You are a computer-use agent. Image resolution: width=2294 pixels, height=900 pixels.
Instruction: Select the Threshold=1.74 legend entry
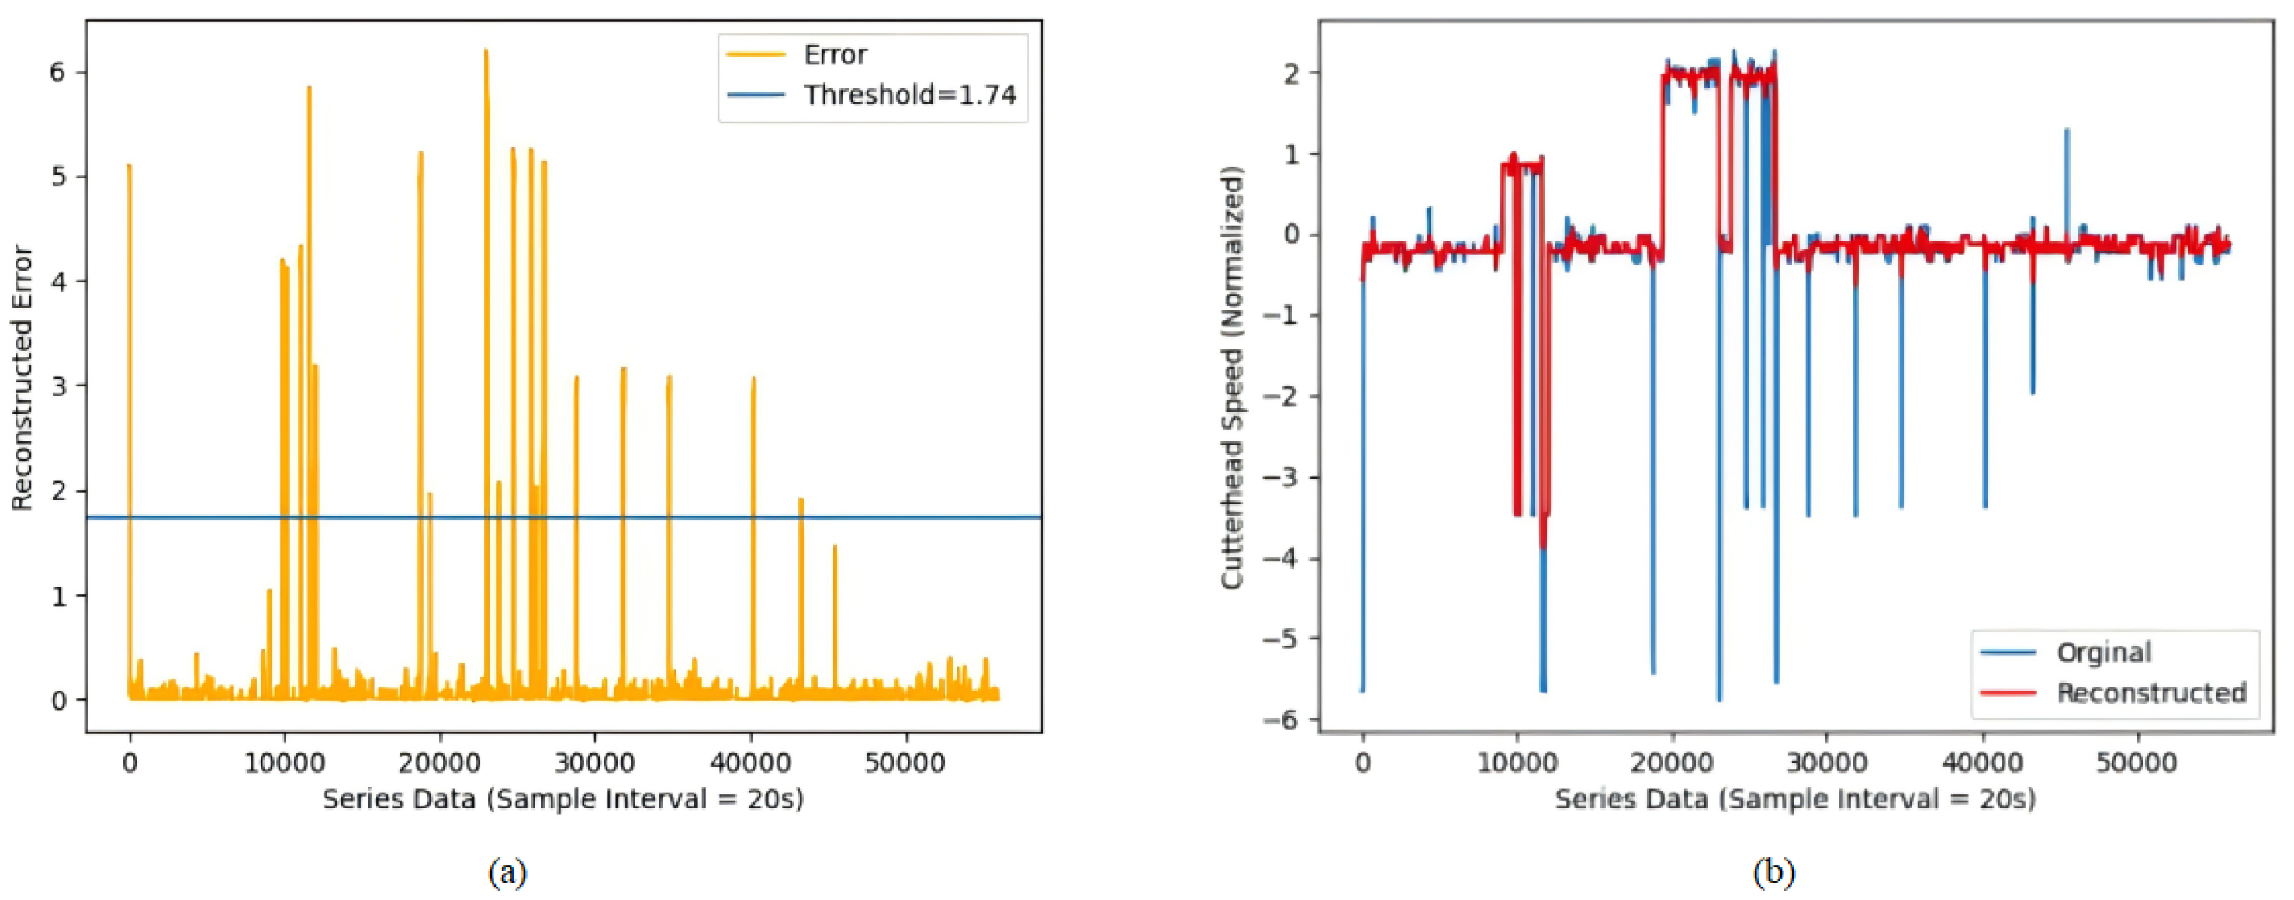(x=908, y=95)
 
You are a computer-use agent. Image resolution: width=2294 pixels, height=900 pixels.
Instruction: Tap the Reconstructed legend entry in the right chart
(x=2150, y=693)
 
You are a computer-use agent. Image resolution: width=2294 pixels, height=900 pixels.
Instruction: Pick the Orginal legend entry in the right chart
(x=2102, y=652)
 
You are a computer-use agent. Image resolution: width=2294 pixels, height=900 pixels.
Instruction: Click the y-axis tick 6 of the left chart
(x=58, y=72)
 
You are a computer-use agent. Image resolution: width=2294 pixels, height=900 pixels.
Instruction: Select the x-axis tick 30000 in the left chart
(x=595, y=763)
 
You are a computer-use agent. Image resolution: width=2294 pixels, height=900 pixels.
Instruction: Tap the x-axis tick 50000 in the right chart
(x=2138, y=763)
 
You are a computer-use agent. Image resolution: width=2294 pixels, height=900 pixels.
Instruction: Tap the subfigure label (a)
(x=507, y=871)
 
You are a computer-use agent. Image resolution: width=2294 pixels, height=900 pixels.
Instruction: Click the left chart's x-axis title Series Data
(x=562, y=798)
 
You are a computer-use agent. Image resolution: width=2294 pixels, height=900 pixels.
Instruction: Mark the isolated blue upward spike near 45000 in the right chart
(x=2066, y=133)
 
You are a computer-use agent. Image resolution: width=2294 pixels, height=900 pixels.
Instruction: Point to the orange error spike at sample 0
(x=129, y=169)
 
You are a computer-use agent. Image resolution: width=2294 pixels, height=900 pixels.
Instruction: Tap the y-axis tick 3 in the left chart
(x=58, y=386)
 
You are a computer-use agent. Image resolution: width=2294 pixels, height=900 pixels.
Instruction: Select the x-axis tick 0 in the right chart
(x=1362, y=763)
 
